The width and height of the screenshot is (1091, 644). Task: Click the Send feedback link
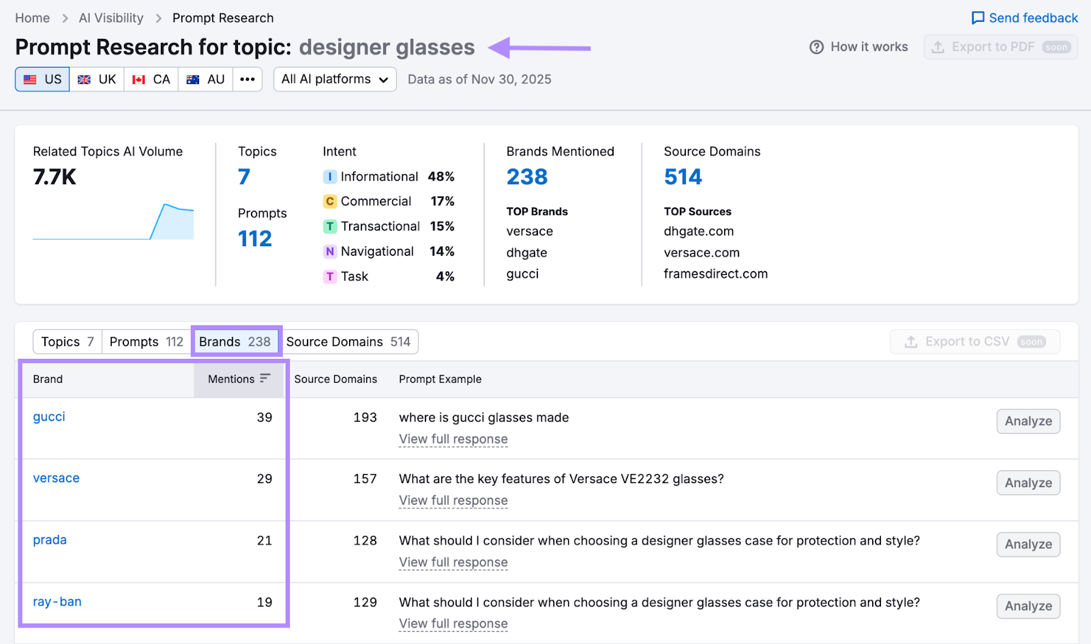(x=1025, y=18)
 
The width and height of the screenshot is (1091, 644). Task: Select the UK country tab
(x=97, y=79)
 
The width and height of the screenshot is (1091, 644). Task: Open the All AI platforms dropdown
(x=335, y=79)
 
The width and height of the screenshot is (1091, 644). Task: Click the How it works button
(x=858, y=47)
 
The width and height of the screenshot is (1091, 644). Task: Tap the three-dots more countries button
(x=248, y=79)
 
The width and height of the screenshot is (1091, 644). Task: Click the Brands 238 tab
(x=235, y=342)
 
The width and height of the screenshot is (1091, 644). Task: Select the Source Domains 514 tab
(x=348, y=342)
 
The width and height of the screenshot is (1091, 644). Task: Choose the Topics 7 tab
(x=67, y=342)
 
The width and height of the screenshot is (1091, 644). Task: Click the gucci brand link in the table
(x=49, y=417)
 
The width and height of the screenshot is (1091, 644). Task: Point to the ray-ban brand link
(x=57, y=602)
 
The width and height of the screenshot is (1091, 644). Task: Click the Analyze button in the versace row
(x=1028, y=483)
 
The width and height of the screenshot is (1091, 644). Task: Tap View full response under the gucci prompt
(x=453, y=439)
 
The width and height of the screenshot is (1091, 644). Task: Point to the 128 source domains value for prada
(x=365, y=540)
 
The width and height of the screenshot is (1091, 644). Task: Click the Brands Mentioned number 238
(x=527, y=177)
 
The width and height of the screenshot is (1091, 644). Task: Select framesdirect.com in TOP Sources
(x=715, y=274)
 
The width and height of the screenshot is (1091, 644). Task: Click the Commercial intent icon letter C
(x=330, y=201)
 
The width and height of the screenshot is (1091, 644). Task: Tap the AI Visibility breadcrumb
(x=111, y=18)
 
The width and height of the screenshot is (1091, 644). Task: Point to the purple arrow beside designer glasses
(x=540, y=48)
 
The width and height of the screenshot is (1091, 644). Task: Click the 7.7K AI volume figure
(x=55, y=177)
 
